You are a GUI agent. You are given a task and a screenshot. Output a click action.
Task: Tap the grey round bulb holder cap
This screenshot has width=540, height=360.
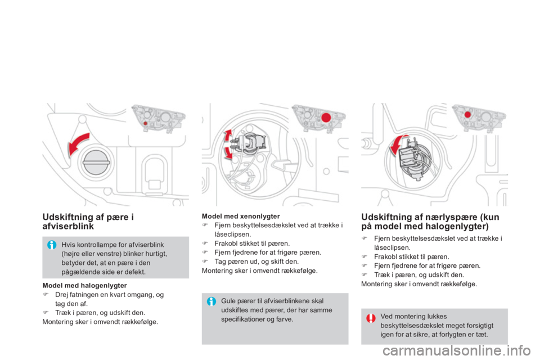click(x=96, y=162)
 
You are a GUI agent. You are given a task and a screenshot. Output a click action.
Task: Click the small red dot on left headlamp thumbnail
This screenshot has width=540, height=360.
click(x=145, y=123)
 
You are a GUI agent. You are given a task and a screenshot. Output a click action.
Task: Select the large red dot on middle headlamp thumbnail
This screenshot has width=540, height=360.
click(x=326, y=118)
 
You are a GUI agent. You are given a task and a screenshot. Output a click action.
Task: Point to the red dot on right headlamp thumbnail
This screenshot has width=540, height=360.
click(x=467, y=115)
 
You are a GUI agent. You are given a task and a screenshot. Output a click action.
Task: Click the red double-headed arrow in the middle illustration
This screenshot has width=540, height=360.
click(x=227, y=145)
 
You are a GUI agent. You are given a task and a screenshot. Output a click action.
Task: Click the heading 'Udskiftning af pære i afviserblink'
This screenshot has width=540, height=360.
click(x=88, y=222)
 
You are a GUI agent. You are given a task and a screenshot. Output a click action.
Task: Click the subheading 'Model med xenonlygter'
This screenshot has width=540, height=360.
click(x=241, y=217)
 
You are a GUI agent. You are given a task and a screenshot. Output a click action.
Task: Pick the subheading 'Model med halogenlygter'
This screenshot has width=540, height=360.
click(x=85, y=286)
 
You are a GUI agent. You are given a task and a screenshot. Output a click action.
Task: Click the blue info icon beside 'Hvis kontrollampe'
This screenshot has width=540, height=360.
click(x=52, y=245)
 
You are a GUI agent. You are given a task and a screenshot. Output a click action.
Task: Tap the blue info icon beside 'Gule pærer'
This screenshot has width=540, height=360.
click(x=211, y=301)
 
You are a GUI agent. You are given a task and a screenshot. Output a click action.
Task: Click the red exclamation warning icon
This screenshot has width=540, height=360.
click(x=371, y=318)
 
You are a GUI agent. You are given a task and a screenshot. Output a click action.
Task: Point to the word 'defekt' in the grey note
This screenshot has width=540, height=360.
click(x=136, y=272)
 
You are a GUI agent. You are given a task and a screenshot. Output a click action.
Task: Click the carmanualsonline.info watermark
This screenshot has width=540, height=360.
click(x=457, y=351)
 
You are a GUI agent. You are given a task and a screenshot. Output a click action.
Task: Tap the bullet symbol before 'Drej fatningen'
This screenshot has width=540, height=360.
click(x=45, y=295)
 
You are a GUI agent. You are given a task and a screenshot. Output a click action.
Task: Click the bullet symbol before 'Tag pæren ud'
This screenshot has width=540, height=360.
click(x=205, y=262)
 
